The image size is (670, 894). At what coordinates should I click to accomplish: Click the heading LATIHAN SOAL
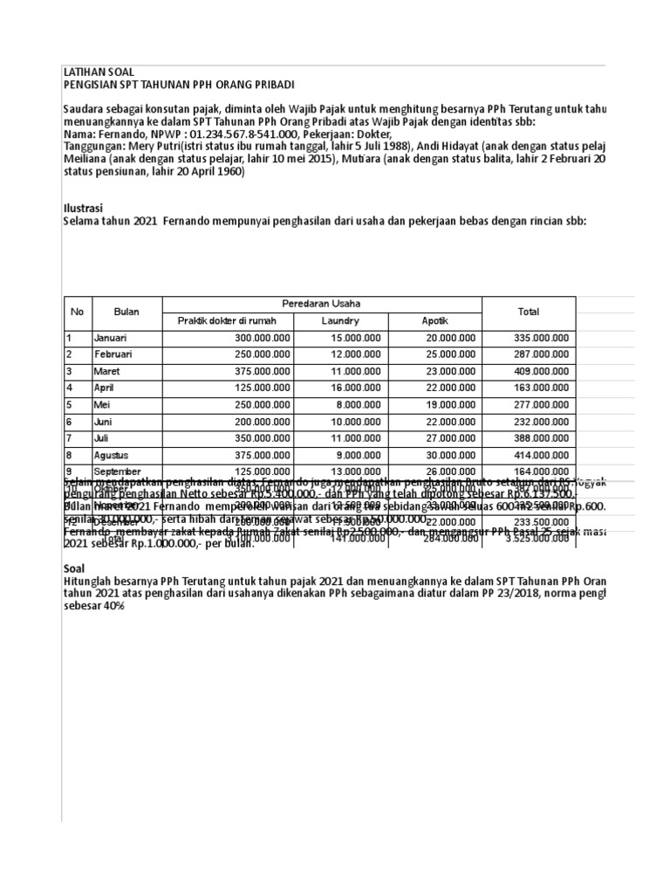pos(99,71)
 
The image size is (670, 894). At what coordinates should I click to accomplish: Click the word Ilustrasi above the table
pos(84,209)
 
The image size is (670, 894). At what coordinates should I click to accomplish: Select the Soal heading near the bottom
pos(77,568)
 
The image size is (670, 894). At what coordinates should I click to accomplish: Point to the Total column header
pos(528,312)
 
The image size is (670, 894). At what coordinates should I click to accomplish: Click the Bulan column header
pos(126,312)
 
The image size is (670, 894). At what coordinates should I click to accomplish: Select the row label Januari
pos(112,338)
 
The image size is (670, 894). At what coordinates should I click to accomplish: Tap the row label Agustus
pos(113,455)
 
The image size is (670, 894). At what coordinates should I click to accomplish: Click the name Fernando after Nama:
pos(119,135)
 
